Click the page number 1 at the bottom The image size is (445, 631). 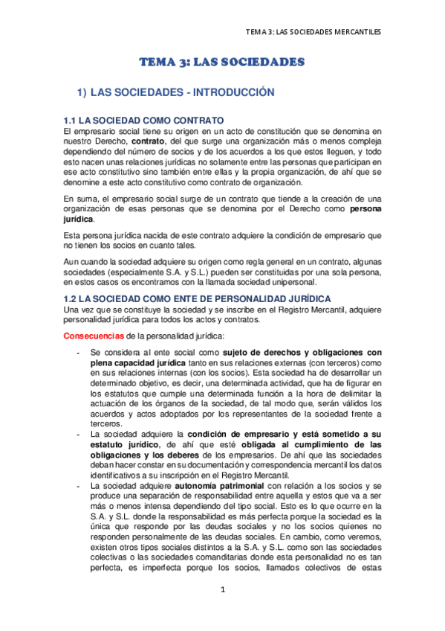tap(222, 610)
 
